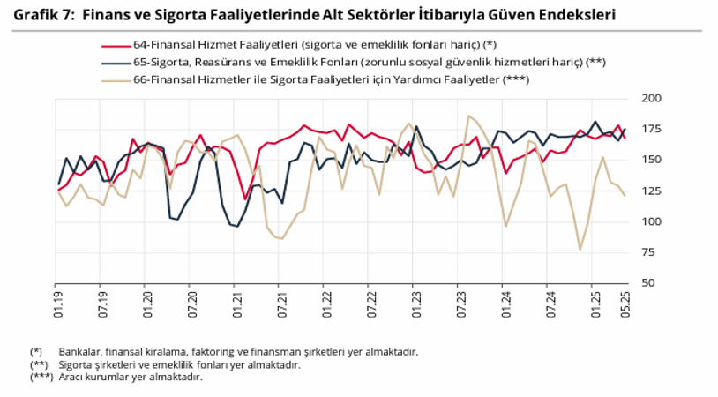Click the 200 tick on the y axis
point(648,98)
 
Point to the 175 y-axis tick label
point(648,129)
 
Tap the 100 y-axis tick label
point(648,221)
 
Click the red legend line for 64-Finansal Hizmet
point(116,45)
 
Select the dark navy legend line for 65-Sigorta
point(116,63)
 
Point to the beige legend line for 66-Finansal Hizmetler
point(116,79)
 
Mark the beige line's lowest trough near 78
point(580,249)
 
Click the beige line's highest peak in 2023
point(470,116)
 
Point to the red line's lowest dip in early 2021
point(245,199)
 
